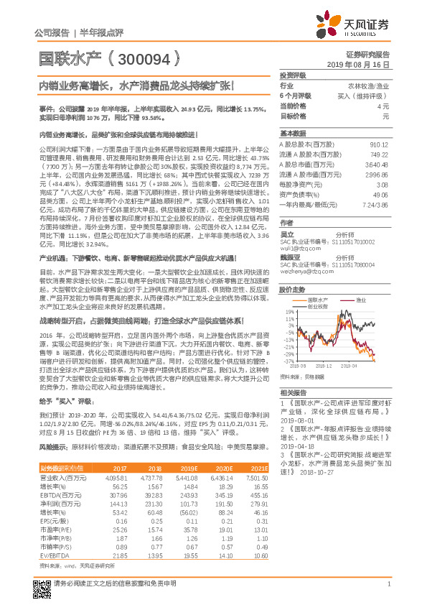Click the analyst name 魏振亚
[x=290, y=255]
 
